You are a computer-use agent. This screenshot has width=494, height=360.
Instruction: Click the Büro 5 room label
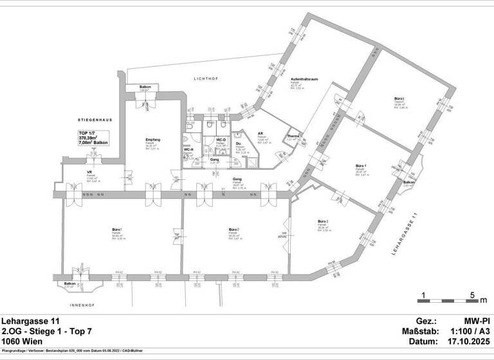(x=399, y=98)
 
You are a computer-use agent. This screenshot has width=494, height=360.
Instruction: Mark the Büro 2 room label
(x=234, y=230)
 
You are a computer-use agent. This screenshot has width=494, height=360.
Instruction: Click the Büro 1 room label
(x=117, y=230)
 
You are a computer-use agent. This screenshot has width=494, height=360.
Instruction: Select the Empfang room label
(x=152, y=139)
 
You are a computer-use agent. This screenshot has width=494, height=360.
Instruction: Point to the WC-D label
(x=219, y=139)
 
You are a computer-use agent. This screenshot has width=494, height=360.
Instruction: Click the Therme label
(x=293, y=136)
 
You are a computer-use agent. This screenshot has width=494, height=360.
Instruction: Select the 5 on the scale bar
(x=473, y=296)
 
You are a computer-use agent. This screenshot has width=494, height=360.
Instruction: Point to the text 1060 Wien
(x=22, y=341)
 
